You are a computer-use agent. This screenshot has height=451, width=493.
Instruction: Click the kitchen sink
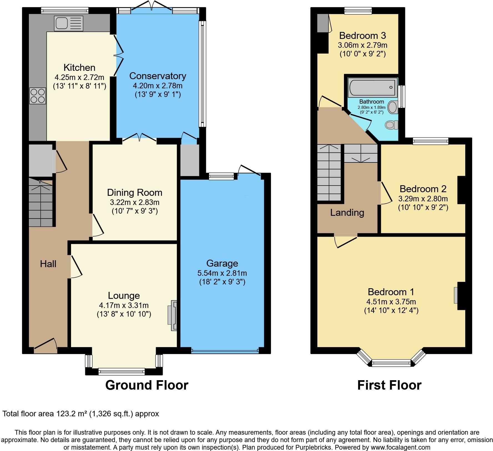69,23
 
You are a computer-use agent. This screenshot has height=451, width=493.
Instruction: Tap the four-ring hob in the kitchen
37,96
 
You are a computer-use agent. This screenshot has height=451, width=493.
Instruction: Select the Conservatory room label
158,76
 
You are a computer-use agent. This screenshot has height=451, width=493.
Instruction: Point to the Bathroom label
372,102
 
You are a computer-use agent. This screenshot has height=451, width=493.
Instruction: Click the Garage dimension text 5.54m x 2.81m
222,273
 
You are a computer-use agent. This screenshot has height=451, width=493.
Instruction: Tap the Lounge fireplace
172,315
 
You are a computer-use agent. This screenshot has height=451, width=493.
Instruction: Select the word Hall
48,264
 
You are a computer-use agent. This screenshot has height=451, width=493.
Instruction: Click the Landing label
347,213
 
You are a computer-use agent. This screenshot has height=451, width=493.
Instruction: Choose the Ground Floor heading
147,385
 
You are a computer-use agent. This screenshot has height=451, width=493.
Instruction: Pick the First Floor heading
389,385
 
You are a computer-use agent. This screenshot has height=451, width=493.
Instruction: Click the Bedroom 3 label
363,36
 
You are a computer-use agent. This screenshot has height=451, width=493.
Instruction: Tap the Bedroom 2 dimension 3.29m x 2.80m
423,199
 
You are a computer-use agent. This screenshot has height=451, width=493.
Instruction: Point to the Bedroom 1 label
391,292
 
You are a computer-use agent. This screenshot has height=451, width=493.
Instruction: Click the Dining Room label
135,192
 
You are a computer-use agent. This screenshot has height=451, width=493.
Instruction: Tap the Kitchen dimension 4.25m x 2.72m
79,77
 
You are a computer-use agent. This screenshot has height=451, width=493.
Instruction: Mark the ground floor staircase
41,202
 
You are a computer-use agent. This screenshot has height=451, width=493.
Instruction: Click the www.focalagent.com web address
400,447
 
